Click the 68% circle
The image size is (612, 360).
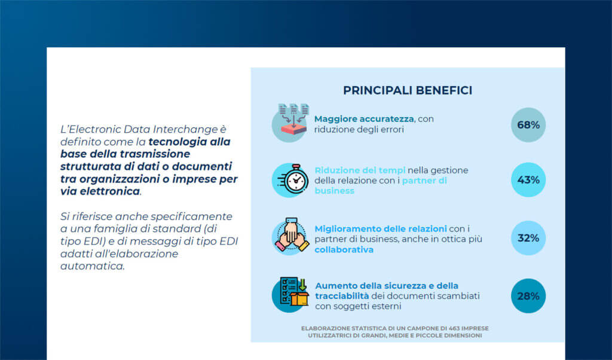click(528, 125)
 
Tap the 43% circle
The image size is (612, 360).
click(528, 179)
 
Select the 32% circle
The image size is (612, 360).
click(528, 238)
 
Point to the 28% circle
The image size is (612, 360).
click(528, 296)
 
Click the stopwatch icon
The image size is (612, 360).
click(292, 179)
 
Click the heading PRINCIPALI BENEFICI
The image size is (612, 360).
click(408, 90)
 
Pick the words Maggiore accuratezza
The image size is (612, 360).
click(364, 118)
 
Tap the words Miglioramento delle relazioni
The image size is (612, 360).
click(381, 228)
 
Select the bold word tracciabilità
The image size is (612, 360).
click(342, 296)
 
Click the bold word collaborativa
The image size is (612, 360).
click(344, 249)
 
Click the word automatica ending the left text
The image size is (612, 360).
click(92, 266)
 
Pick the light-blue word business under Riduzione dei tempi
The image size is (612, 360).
click(334, 191)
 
